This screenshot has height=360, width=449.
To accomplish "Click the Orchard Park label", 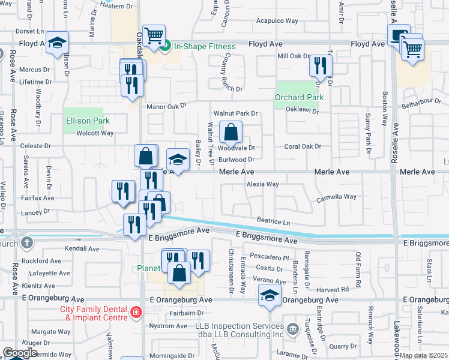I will (x=299, y=97).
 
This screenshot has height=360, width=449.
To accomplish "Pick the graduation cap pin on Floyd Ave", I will (x=58, y=43).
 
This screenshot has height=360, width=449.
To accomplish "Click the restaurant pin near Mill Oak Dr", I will (x=321, y=65).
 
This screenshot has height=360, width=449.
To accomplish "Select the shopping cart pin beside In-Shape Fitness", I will (x=154, y=35).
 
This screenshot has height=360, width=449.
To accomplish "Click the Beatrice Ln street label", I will (x=273, y=221).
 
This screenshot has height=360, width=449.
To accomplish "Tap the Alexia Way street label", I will (x=262, y=184).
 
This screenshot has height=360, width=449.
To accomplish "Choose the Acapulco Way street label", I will (x=277, y=20).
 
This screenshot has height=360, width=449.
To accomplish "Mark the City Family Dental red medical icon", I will (x=136, y=313).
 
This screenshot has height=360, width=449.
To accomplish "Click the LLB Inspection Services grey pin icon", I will (x=292, y=329).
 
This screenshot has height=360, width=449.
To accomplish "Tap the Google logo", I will (x=20, y=353).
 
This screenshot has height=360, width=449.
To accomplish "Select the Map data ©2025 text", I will (x=424, y=355).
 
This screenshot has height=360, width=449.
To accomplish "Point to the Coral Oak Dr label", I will (x=303, y=146).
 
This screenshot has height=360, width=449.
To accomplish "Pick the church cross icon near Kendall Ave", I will (x=26, y=243).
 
